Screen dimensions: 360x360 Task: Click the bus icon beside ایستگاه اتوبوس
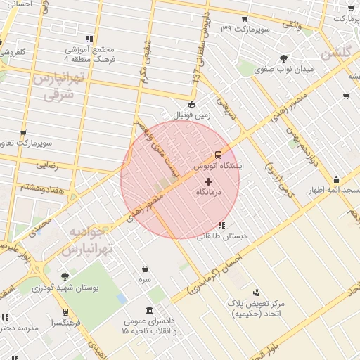(x=218, y=154)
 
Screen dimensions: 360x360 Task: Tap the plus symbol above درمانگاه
(x=207, y=181)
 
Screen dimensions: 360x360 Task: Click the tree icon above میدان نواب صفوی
(x=283, y=58)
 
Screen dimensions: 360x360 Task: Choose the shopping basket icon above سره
(x=145, y=269)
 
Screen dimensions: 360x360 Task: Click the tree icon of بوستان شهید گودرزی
(x=65, y=277)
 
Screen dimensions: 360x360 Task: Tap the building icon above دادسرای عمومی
(x=149, y=310)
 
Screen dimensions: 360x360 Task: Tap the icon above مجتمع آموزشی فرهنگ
(x=89, y=39)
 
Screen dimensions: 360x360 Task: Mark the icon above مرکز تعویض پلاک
(x=255, y=292)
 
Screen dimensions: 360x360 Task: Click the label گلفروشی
(x=13, y=53)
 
